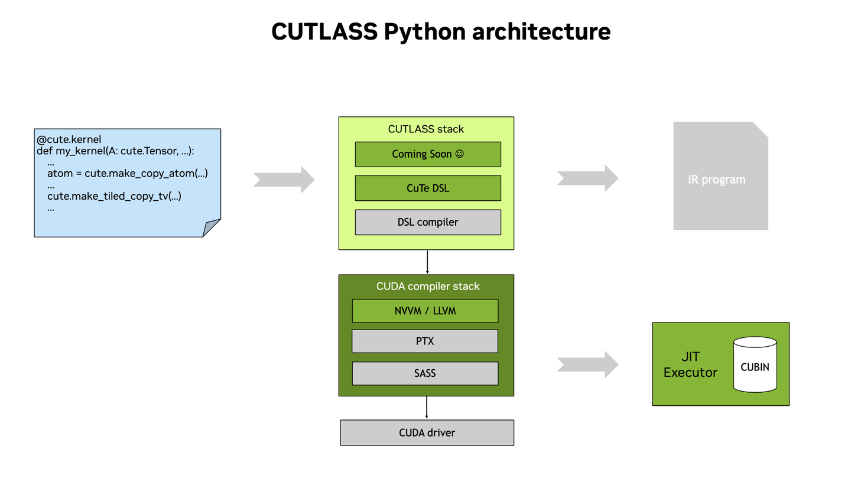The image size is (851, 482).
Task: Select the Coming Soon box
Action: [x=428, y=154]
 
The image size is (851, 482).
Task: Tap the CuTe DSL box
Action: [x=428, y=188]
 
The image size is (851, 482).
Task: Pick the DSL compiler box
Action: [x=428, y=222]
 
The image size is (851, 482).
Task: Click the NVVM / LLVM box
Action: [x=425, y=311]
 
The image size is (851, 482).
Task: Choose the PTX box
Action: [x=425, y=341]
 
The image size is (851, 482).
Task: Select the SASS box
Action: [x=425, y=373]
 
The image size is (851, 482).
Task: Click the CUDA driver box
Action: [x=427, y=433]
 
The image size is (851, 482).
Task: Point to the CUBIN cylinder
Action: [x=755, y=366]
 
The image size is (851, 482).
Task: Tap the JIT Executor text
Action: [x=690, y=364]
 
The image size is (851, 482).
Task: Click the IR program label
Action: [x=716, y=180]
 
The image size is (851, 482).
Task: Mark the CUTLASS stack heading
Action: [x=425, y=129]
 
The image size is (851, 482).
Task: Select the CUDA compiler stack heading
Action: [x=428, y=286]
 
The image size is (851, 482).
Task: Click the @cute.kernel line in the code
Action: [x=69, y=140]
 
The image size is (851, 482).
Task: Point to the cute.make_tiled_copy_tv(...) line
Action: [x=114, y=196]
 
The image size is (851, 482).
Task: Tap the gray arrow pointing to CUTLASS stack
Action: [x=284, y=180]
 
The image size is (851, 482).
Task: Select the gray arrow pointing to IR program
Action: [x=587, y=178]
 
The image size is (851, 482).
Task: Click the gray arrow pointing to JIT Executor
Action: [x=587, y=364]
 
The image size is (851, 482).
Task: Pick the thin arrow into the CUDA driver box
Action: [x=427, y=408]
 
